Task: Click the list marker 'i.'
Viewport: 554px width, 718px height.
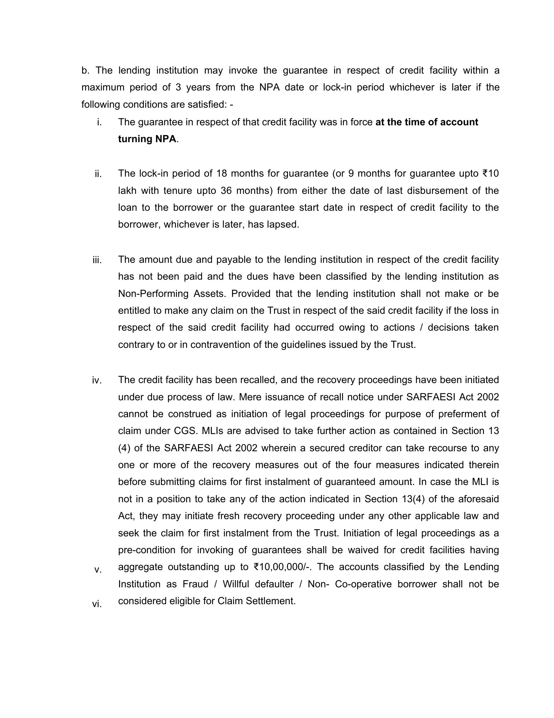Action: coord(99,122)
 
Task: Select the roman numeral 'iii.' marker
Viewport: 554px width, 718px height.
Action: coord(97,260)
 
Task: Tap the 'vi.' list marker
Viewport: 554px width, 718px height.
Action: coord(97,604)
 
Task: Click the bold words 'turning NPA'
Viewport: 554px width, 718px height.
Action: coord(147,139)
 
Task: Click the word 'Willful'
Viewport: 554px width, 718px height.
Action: coord(238,584)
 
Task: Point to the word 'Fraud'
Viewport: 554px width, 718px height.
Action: coord(195,584)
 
